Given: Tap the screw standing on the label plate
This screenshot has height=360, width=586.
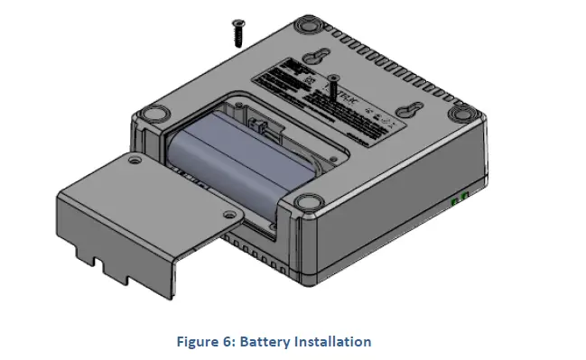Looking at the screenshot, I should [x=333, y=89].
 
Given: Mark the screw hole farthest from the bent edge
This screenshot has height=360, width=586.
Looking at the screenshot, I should [x=135, y=160].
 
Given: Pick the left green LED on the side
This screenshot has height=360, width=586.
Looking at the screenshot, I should [x=454, y=204].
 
